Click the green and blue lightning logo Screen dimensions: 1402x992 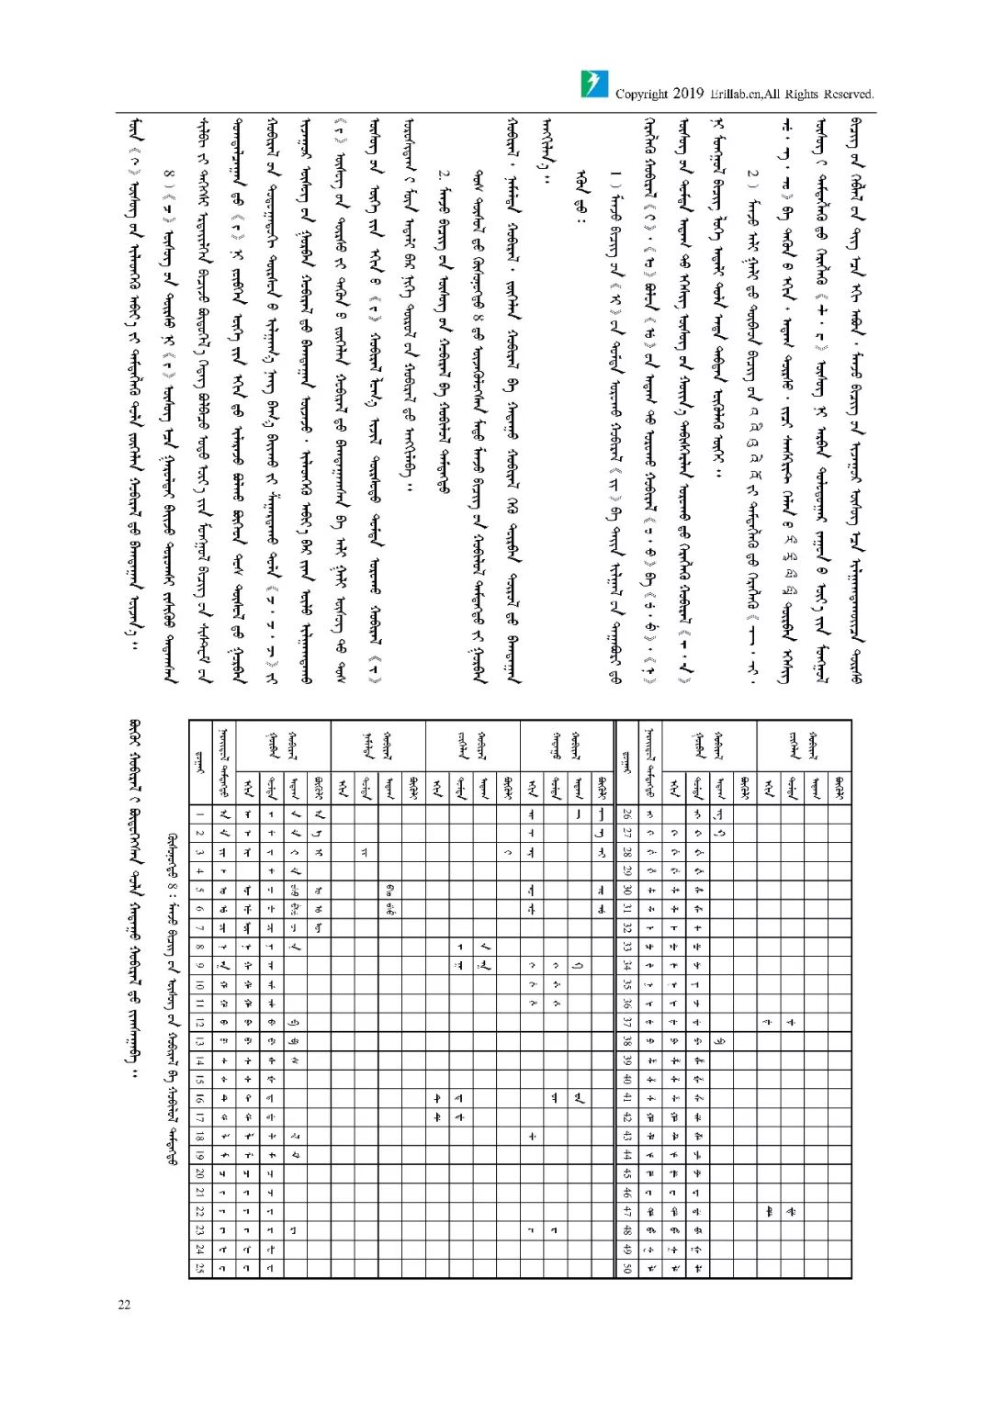pos(594,84)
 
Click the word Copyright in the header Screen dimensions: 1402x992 pos(641,94)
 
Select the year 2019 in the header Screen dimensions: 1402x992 pos(688,93)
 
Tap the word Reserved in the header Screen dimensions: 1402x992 pos(848,94)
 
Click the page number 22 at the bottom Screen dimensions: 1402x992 pos(124,1305)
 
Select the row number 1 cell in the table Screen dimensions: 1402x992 pos(199,813)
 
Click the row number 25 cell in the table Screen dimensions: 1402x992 pos(199,1268)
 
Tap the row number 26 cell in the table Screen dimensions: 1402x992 pos(626,813)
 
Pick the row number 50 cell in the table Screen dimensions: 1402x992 pos(626,1268)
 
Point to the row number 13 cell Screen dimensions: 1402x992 pos(199,1041)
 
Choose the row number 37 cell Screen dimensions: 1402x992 pos(626,1022)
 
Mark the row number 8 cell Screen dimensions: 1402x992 pos(199,946)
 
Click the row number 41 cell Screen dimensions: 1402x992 pos(626,1098)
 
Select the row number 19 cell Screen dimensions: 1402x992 pos(199,1155)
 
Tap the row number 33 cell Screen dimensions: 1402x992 pos(626,946)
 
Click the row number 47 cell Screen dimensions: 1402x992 pos(626,1212)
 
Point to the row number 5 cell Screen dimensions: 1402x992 pos(199,890)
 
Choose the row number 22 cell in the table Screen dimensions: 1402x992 pos(199,1212)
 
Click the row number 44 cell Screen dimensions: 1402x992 pos(626,1155)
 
